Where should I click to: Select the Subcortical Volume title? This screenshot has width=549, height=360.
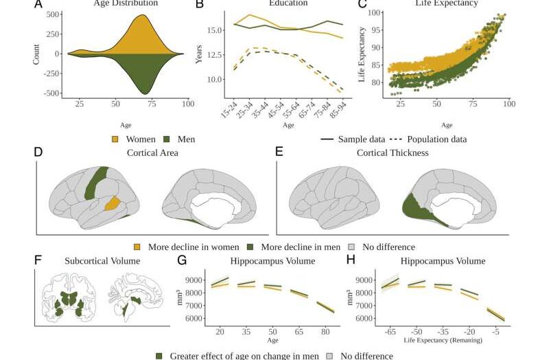(x=102, y=261)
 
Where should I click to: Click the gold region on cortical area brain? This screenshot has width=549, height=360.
(x=111, y=203)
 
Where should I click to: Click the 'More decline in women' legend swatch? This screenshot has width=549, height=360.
(x=137, y=247)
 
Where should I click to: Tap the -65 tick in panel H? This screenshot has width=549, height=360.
(x=391, y=331)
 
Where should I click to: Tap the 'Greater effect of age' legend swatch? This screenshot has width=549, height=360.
(x=160, y=356)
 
